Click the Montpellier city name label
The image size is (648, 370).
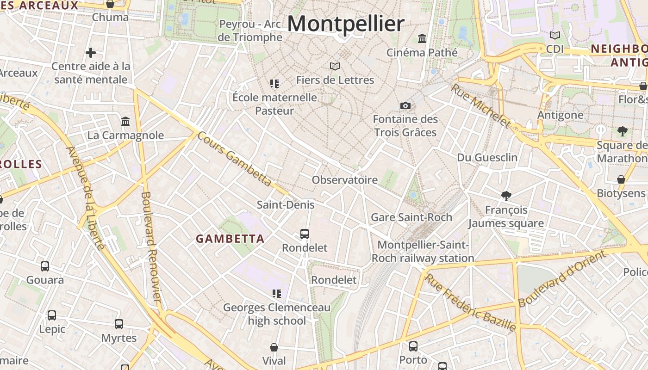point(346,24)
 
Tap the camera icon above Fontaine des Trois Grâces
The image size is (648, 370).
point(405,105)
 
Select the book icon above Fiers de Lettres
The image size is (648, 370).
point(335,67)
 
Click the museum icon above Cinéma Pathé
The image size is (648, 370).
point(422,38)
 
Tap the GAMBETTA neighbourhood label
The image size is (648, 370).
point(230,239)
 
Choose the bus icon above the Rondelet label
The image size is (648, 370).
point(305,234)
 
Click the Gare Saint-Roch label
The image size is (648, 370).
point(411,217)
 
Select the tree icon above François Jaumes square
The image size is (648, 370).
point(506,196)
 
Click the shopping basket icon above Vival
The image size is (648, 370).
point(274,347)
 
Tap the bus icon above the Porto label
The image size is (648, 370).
point(413,346)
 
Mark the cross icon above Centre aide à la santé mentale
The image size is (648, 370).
point(91,53)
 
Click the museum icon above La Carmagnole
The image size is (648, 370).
point(125,122)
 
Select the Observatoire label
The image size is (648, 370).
point(345,180)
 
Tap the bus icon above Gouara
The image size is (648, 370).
point(45,266)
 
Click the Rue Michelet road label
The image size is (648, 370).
point(481,105)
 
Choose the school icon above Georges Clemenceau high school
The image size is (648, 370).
point(277,293)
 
